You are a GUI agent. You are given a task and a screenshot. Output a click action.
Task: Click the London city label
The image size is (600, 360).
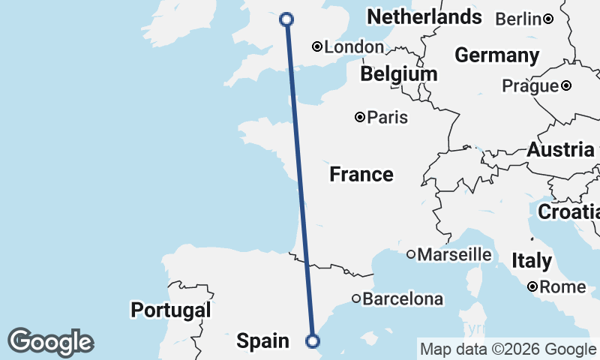pos(354,47)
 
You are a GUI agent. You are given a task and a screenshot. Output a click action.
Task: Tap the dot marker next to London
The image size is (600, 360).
pos(317,46)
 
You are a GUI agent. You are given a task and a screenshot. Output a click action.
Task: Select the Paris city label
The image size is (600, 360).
pos(388,117)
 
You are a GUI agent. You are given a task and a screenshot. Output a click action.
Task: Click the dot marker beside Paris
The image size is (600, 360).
pos(360,117)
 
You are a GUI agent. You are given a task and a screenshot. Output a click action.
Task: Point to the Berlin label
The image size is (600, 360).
pos(518,19)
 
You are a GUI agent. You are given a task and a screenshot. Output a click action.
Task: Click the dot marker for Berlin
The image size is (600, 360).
pos(548,19)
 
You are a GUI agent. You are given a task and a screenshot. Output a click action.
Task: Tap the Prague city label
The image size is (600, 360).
pos(530,85)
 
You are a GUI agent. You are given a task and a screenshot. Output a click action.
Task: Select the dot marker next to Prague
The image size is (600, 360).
pos(566,85)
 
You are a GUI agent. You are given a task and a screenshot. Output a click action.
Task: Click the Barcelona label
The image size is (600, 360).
pos(403,299)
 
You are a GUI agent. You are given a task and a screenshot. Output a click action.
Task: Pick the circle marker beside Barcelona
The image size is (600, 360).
pos(356,299)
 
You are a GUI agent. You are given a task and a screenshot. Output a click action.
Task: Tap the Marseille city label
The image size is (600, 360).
pos(454,255)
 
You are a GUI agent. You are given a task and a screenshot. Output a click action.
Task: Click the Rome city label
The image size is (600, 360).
pos(562,286)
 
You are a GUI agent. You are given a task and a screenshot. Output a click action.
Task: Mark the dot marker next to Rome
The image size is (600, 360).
pos(532,286)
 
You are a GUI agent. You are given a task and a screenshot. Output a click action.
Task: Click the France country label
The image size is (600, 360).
pos(361,175)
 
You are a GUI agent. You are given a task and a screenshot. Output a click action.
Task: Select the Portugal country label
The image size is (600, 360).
pos(170,310)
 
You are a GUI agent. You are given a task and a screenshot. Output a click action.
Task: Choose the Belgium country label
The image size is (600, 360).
pos(398,74)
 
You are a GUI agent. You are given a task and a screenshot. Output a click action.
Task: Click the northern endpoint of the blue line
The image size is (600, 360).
pos(286,19)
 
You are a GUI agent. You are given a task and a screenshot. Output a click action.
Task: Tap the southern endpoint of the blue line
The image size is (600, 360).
pos(313,342)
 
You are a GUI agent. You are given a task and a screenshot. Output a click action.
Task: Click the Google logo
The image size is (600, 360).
pos(50,342)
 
